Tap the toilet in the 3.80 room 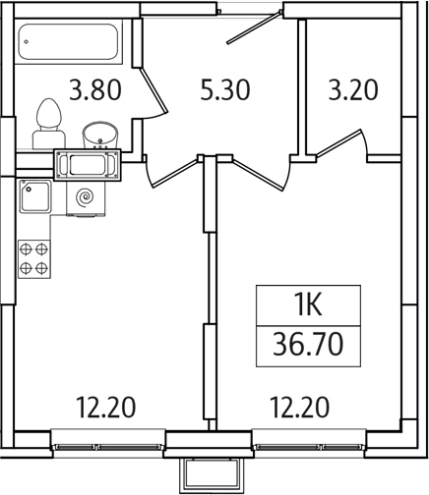(45, 124)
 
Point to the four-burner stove (34, 257)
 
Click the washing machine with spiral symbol (87, 197)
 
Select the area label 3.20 (352, 91)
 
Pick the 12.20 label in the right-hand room (300, 405)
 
